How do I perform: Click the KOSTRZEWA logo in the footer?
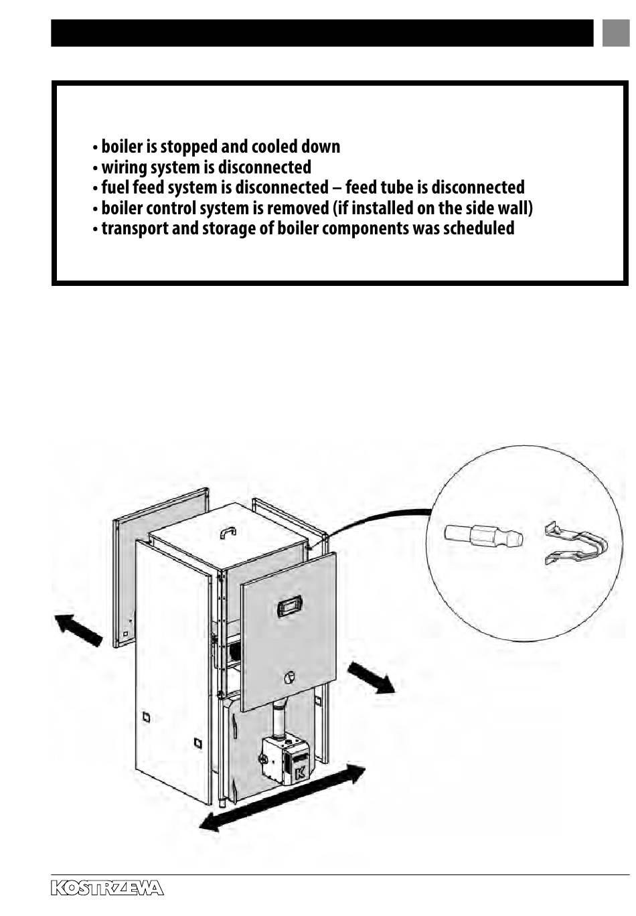(107, 889)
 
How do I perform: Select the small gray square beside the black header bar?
(615, 33)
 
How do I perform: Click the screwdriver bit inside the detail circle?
(483, 536)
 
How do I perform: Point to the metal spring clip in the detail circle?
(577, 544)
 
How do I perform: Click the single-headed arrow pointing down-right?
(372, 677)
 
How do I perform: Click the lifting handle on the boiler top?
(228, 532)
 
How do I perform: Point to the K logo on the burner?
(299, 771)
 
